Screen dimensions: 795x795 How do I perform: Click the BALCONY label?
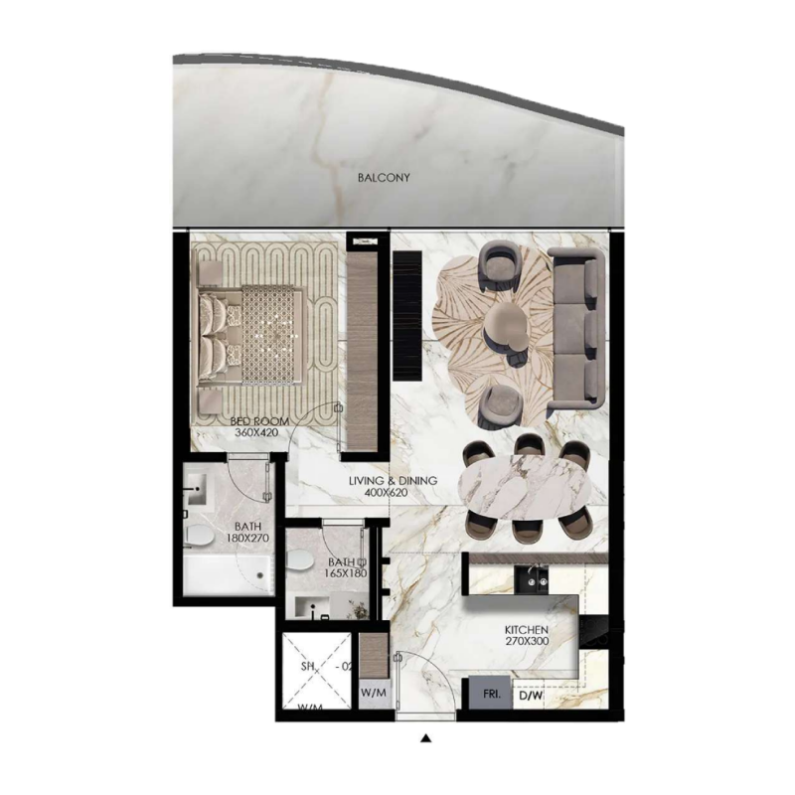(383, 179)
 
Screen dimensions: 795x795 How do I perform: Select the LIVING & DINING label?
(393, 481)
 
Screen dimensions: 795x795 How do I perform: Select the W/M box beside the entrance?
(373, 692)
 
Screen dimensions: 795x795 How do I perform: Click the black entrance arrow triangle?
(425, 738)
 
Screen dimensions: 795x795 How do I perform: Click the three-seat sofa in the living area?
(578, 330)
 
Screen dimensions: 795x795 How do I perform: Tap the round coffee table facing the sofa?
(507, 327)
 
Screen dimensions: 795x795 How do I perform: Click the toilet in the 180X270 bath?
(199, 538)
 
